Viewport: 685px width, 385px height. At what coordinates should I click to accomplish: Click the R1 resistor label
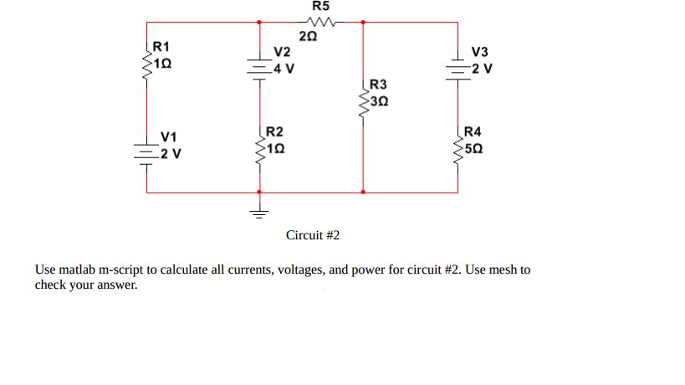tap(161, 47)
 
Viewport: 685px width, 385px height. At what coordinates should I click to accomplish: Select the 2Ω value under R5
tap(309, 36)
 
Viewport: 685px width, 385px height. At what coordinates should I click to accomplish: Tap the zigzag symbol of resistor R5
tap(321, 22)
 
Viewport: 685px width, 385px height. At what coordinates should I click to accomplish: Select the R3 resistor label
tap(379, 85)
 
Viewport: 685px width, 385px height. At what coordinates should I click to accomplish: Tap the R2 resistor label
tap(274, 132)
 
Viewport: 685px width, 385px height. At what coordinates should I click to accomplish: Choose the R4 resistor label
tap(473, 131)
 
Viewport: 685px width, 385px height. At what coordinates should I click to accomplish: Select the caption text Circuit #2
tap(313, 235)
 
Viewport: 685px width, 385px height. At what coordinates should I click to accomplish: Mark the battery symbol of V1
tap(147, 152)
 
